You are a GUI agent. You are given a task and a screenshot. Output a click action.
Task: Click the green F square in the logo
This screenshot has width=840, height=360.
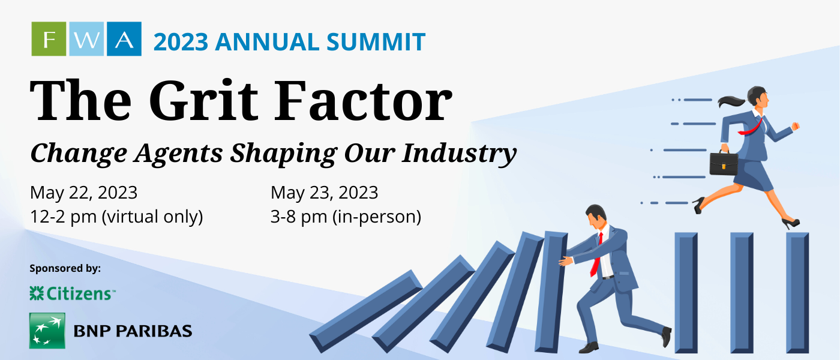49,38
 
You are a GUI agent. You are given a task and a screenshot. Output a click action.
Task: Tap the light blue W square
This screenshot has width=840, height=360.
86,38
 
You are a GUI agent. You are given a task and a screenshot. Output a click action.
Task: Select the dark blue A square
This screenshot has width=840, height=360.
124,38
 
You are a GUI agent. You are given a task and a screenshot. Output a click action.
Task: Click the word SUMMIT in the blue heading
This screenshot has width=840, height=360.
376,41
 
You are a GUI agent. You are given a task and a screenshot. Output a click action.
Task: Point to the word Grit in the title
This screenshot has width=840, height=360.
203,100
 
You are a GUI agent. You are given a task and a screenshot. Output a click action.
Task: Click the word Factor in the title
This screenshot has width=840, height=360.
364,100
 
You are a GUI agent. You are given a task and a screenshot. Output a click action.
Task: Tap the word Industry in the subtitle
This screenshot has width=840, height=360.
459,154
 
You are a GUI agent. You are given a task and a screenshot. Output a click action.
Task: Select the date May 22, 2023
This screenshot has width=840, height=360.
83,193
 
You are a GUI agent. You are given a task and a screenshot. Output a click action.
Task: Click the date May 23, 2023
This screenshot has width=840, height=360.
325,193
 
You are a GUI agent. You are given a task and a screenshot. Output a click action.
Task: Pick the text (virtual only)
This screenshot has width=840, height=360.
152,217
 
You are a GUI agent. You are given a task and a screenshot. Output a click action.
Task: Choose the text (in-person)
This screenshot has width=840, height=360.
377,217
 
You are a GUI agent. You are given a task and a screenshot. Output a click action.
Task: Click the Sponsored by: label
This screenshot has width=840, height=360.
65,269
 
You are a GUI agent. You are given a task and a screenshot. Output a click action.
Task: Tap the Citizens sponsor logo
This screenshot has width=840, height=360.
73,293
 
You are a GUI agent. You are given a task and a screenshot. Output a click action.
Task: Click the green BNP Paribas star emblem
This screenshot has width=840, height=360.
47,331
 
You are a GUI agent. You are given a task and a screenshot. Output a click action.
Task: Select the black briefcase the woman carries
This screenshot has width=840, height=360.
724,163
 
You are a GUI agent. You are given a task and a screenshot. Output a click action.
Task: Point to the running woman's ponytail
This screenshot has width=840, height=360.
731,101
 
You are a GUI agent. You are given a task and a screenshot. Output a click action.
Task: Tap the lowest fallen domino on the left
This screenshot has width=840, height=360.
367,311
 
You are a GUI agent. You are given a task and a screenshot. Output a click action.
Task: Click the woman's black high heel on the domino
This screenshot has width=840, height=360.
791,224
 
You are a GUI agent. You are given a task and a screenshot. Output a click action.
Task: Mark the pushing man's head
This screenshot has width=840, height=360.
596,215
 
